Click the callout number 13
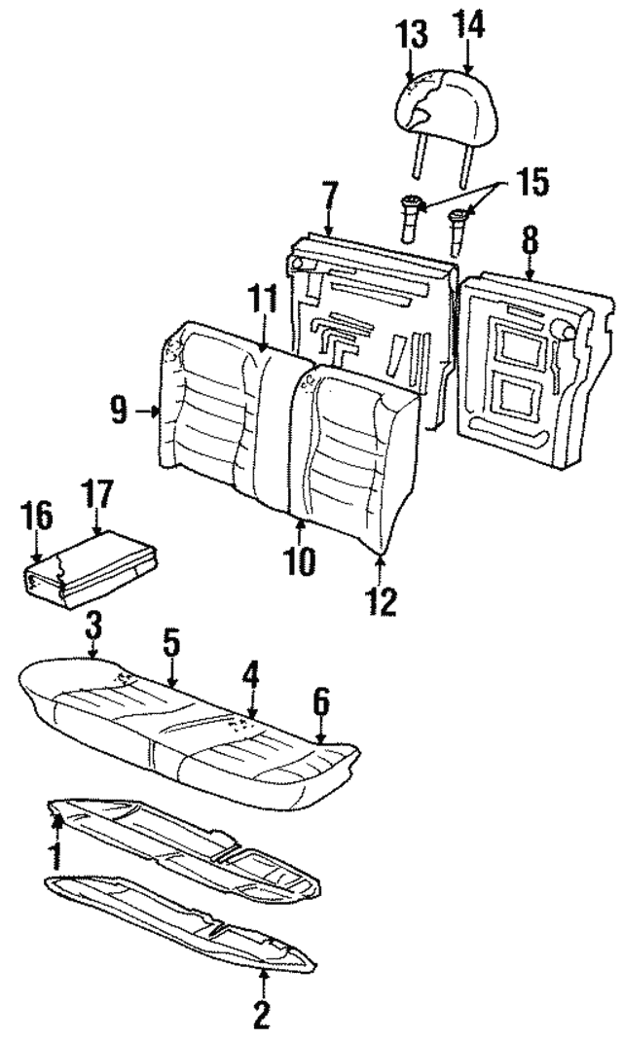(x=413, y=36)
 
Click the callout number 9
(x=119, y=412)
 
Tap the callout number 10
(x=301, y=561)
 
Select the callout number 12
(x=381, y=600)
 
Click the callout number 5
(x=169, y=642)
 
